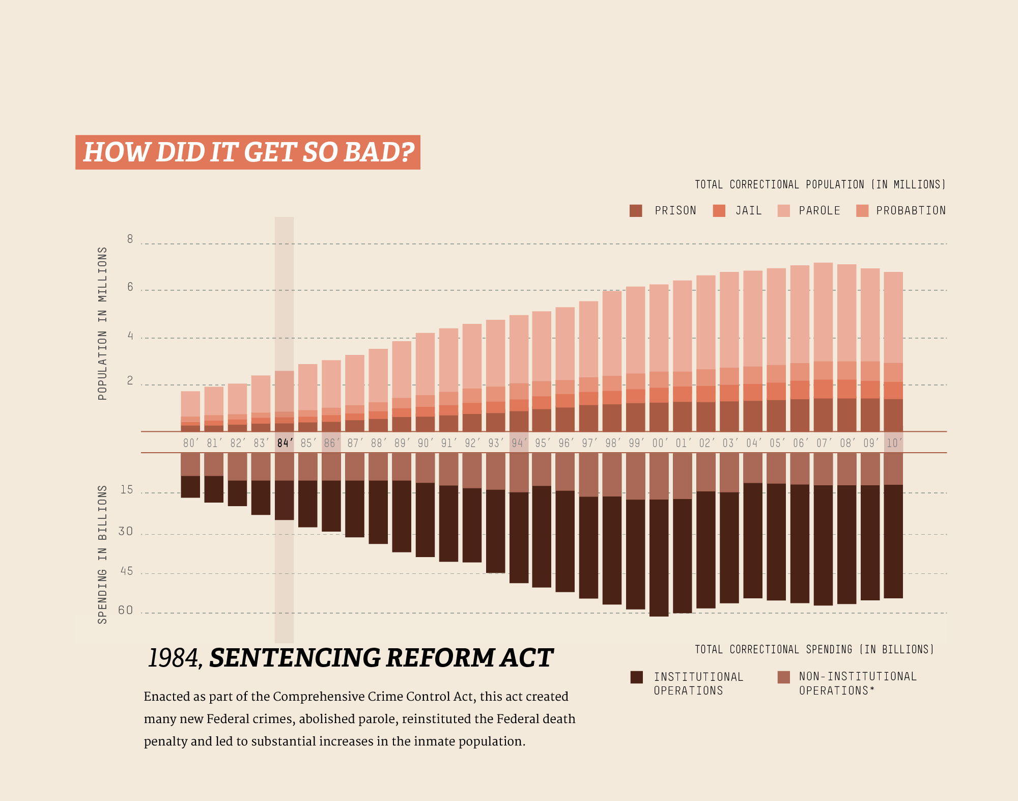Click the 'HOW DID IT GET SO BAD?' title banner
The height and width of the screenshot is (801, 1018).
pyautogui.click(x=248, y=152)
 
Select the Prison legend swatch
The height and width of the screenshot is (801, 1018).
pyautogui.click(x=636, y=211)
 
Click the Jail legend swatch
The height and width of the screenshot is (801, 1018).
pyautogui.click(x=719, y=211)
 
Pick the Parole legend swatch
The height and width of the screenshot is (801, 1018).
pyautogui.click(x=784, y=211)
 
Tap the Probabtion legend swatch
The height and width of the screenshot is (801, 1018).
pyautogui.click(x=862, y=211)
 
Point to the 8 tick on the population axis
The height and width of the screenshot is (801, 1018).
pyautogui.click(x=130, y=239)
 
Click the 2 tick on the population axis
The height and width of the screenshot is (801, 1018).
pyautogui.click(x=130, y=381)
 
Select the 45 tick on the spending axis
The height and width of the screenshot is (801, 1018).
pyautogui.click(x=126, y=571)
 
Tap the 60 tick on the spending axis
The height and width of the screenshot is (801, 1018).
pyautogui.click(x=126, y=610)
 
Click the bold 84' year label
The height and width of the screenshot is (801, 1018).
pyautogui.click(x=285, y=443)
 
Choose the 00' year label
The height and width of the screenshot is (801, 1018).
pyautogui.click(x=660, y=443)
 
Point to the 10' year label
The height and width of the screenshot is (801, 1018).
pyautogui.click(x=894, y=443)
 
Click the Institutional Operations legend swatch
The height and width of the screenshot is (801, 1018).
pyautogui.click(x=636, y=677)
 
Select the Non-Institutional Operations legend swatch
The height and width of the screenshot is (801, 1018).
pyautogui.click(x=784, y=677)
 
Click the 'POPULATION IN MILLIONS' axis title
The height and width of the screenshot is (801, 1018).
pyautogui.click(x=103, y=324)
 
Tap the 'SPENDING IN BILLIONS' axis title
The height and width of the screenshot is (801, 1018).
pyautogui.click(x=103, y=555)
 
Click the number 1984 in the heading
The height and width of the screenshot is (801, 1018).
pyautogui.click(x=173, y=658)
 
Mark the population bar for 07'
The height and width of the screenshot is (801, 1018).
pyautogui.click(x=823, y=346)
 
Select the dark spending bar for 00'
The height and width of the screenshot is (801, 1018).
pyautogui.click(x=659, y=558)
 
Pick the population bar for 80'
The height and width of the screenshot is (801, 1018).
pyautogui.click(x=190, y=410)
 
